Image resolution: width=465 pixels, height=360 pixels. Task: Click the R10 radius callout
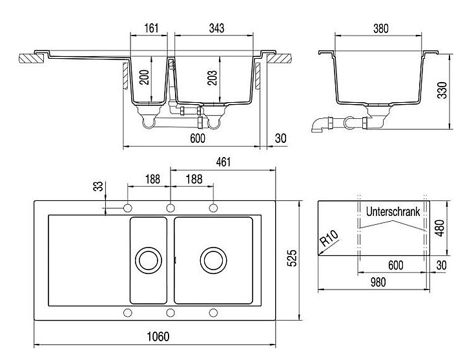click(329, 240)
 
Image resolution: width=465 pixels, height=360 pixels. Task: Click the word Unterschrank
click(393, 211)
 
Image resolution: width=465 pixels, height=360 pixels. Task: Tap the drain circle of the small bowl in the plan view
click(148, 260)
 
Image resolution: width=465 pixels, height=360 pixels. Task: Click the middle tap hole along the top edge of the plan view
click(170, 207)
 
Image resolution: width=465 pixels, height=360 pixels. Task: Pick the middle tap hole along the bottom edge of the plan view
click(170, 313)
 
